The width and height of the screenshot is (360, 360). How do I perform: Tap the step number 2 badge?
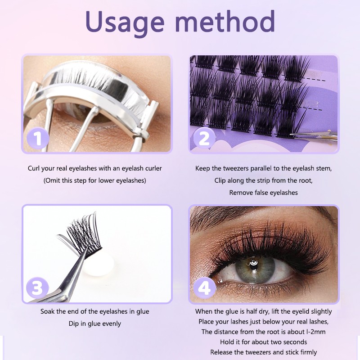click(204, 138)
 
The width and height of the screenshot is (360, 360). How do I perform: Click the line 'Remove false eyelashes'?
click(263, 193)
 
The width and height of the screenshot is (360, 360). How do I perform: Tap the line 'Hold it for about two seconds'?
click(263, 342)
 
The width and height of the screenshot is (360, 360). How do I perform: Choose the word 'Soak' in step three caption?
click(48, 311)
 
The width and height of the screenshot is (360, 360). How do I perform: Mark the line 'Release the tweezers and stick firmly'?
click(263, 352)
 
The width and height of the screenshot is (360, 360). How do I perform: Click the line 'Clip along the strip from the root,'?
click(263, 180)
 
